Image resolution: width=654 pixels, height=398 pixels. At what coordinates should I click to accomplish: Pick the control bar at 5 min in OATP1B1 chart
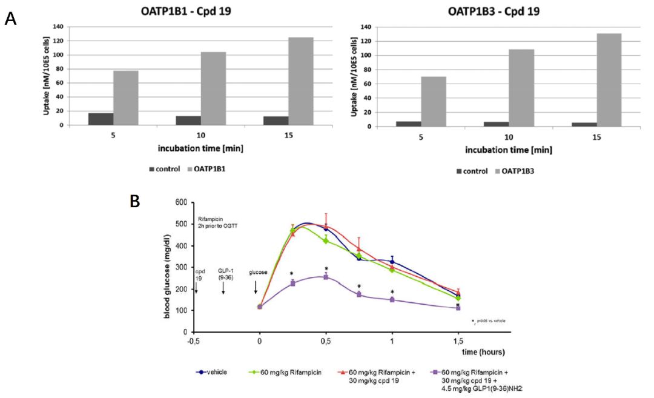coord(101,119)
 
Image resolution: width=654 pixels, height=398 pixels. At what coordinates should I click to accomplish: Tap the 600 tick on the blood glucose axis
coord(180,202)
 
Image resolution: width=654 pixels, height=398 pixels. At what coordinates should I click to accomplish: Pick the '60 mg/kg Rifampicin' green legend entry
coord(285,372)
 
